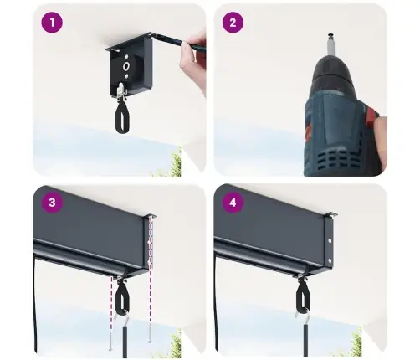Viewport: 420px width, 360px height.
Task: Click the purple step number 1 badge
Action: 52,23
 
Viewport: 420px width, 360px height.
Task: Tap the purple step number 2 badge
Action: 233,23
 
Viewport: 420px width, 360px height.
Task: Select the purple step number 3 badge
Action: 52,203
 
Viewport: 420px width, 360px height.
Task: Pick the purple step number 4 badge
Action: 233,203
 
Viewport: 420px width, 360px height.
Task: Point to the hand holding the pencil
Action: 193,60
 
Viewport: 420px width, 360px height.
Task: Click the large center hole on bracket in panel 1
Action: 126,66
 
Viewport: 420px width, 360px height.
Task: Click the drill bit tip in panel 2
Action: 330,35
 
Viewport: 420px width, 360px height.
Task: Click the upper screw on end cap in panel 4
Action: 330,240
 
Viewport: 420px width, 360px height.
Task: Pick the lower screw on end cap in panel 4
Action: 330,260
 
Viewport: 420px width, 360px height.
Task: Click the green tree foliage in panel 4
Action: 355,344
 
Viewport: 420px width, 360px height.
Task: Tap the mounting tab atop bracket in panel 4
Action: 331,213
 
